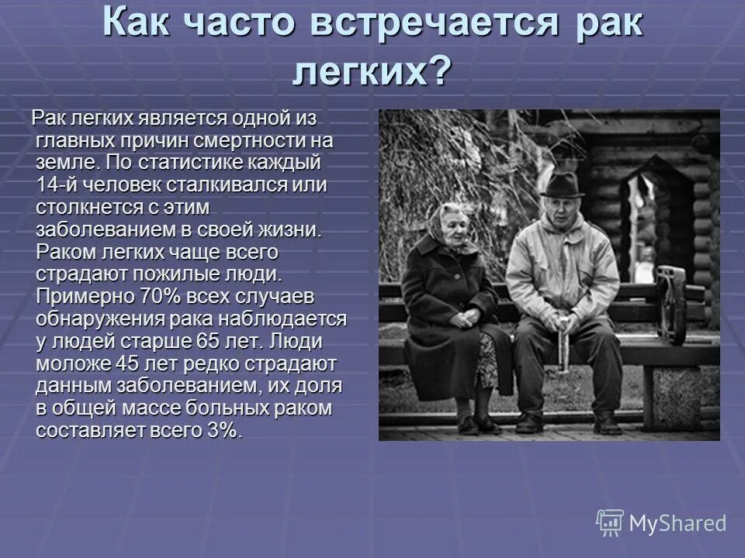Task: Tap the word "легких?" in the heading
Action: pyautogui.click(x=372, y=73)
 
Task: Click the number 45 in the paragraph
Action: pyautogui.click(x=127, y=363)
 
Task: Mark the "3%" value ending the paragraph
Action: pyautogui.click(x=224, y=430)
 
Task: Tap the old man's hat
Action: pyautogui.click(x=561, y=186)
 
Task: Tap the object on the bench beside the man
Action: pyautogui.click(x=671, y=302)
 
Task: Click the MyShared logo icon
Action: pyautogui.click(x=610, y=523)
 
